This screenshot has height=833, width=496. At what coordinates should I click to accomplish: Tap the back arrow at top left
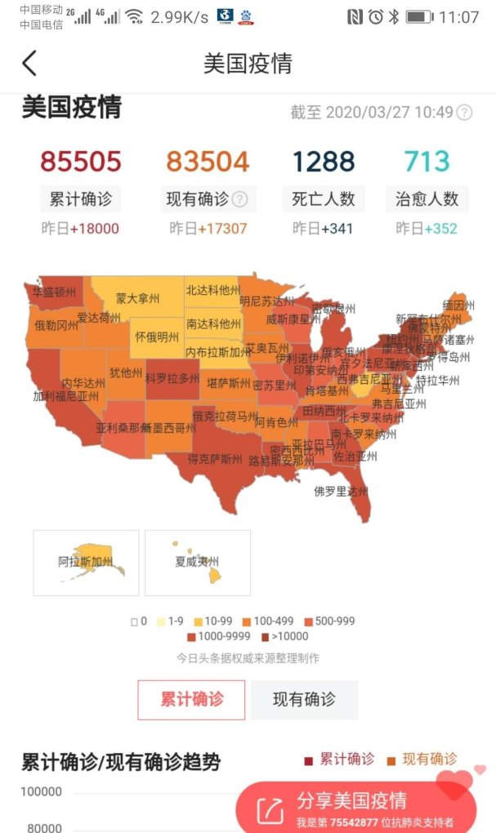29,64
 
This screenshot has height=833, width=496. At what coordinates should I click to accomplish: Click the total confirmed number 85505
81,162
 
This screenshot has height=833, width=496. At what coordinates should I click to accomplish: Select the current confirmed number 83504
208,162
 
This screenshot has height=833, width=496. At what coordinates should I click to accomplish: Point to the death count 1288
324,162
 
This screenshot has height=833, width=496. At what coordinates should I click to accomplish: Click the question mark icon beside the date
464,113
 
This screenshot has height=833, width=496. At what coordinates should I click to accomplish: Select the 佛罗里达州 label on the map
341,492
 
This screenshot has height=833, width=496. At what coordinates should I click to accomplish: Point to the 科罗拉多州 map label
172,378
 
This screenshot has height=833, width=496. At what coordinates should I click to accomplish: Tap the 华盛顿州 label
54,292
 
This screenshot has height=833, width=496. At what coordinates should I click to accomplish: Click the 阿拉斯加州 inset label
85,562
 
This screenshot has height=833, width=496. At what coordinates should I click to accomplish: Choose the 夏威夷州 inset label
197,562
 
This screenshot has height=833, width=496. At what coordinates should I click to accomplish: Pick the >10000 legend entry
286,637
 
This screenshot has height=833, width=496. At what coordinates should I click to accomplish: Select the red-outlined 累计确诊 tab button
191,700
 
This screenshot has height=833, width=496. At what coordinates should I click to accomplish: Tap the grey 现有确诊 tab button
304,700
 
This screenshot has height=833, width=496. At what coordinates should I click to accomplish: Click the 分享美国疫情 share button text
351,800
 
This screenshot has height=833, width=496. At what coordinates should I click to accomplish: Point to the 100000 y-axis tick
41,791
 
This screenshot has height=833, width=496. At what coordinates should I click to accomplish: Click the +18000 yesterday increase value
94,229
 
